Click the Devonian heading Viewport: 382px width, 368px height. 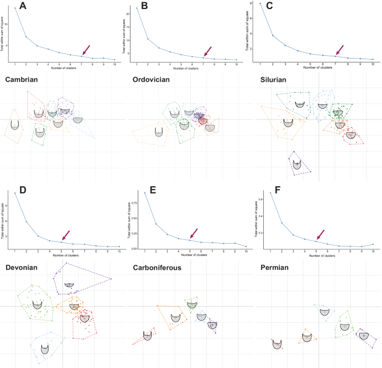(x=26, y=266)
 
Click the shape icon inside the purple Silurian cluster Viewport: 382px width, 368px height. (x=297, y=164)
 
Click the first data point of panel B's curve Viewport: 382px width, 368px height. (x=137, y=8)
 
